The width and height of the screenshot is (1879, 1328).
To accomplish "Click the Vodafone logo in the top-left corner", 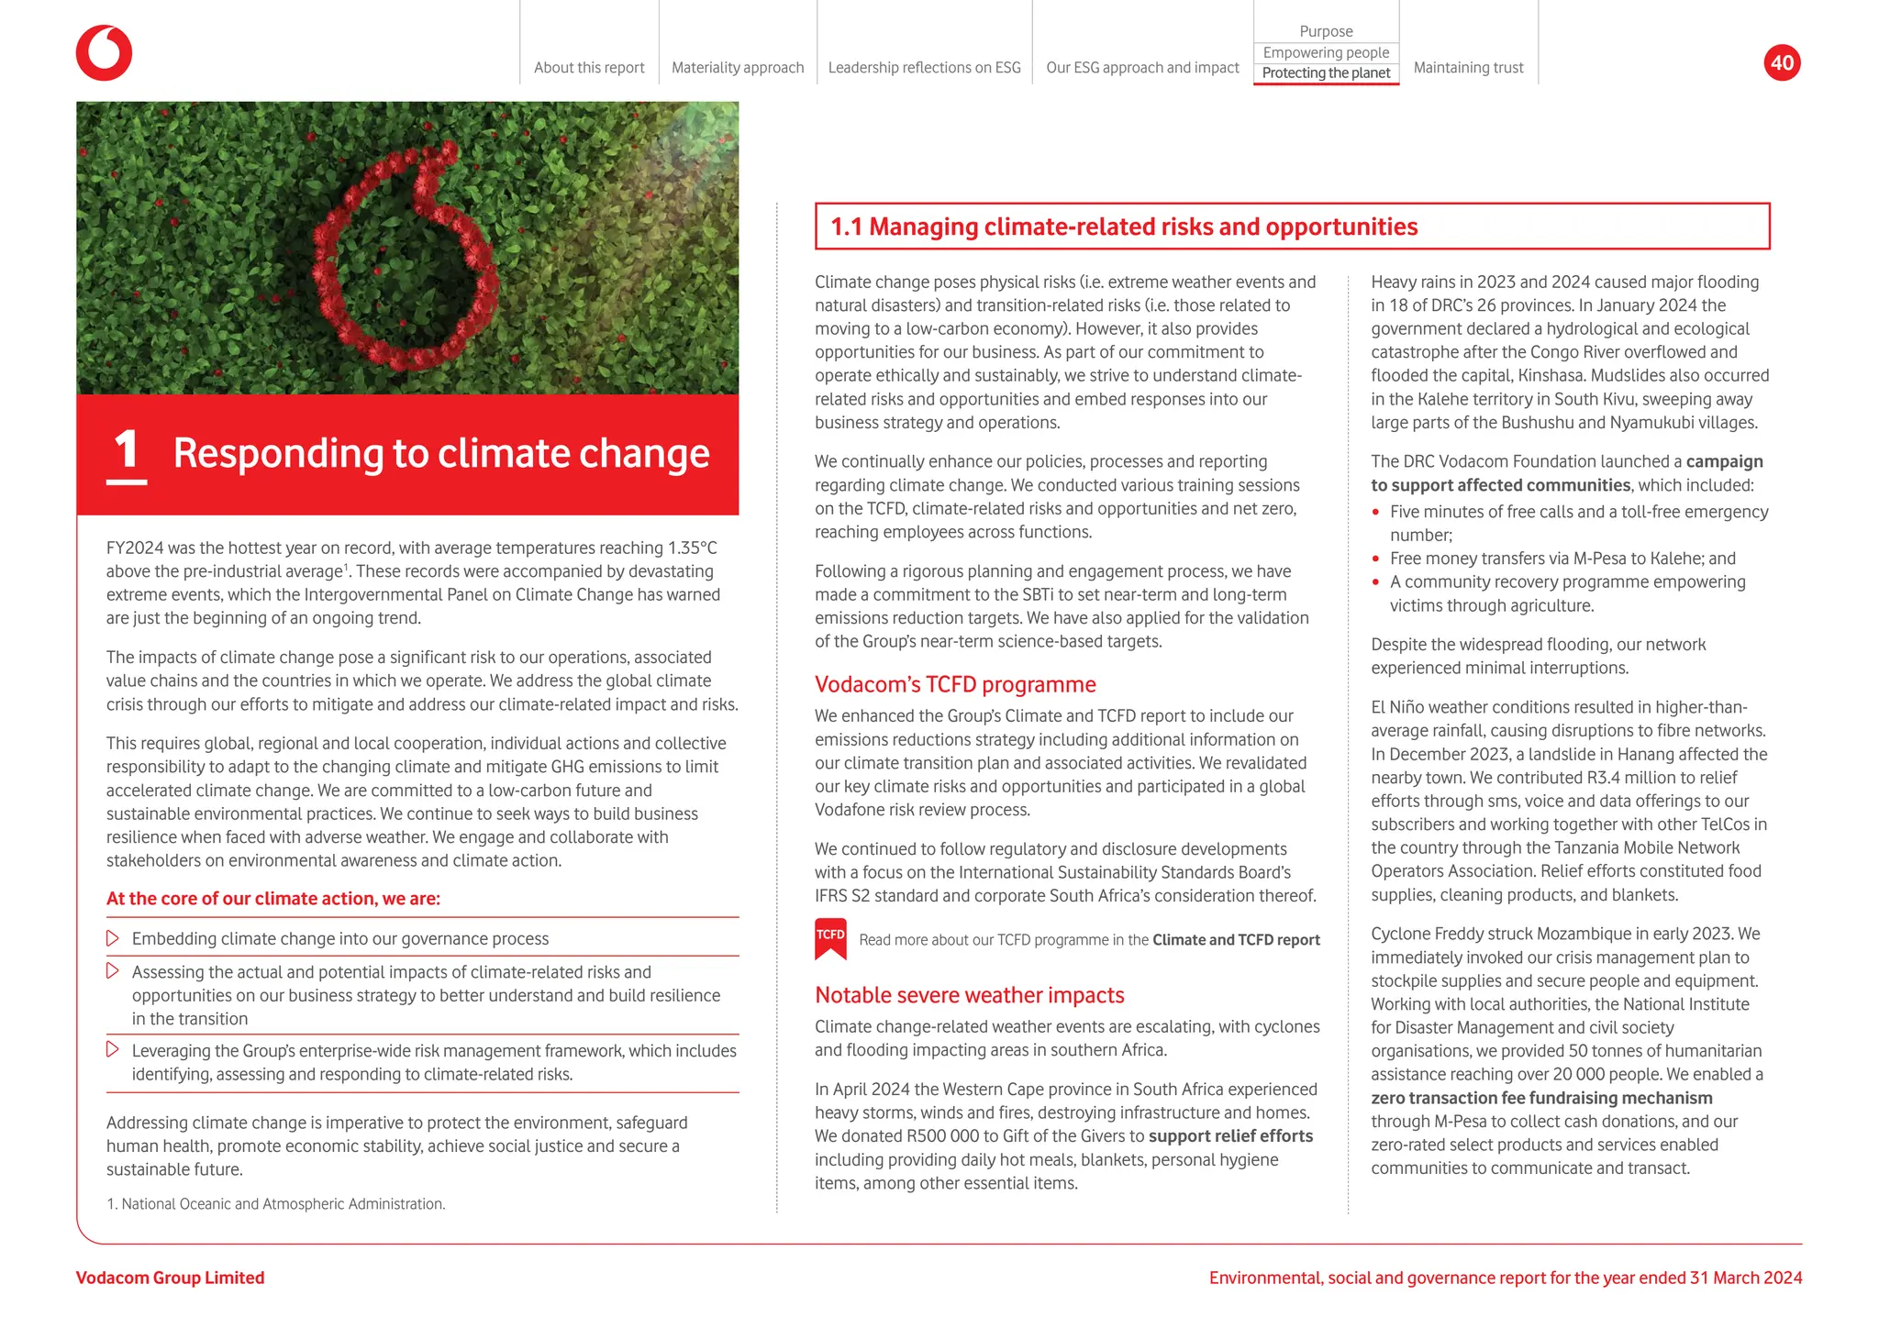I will (x=104, y=53).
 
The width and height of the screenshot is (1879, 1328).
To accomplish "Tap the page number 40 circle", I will (x=1782, y=62).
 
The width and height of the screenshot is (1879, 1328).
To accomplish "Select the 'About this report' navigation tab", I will (x=589, y=68).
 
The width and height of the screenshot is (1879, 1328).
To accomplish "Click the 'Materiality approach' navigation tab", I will (x=738, y=68).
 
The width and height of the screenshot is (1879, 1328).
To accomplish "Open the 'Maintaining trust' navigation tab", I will (x=1468, y=68).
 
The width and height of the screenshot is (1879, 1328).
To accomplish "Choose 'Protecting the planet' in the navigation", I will (x=1326, y=73).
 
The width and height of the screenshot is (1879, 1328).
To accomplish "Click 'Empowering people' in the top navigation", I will (x=1326, y=52).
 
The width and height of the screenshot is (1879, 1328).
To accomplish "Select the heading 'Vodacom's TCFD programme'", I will (x=955, y=684).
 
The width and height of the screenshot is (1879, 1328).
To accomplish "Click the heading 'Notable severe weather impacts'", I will (x=969, y=995).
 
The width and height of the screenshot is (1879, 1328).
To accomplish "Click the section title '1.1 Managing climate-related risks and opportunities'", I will (x=1124, y=227).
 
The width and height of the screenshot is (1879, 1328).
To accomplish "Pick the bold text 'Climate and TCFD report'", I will (x=1236, y=940).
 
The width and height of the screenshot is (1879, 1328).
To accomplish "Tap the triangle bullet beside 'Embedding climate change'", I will (x=113, y=938).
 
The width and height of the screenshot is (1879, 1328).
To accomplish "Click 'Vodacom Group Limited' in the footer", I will (x=170, y=1278).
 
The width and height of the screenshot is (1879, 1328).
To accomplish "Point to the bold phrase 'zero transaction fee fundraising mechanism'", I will (x=1541, y=1098).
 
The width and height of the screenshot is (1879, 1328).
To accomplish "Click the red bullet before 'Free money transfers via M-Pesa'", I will (x=1376, y=559).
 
